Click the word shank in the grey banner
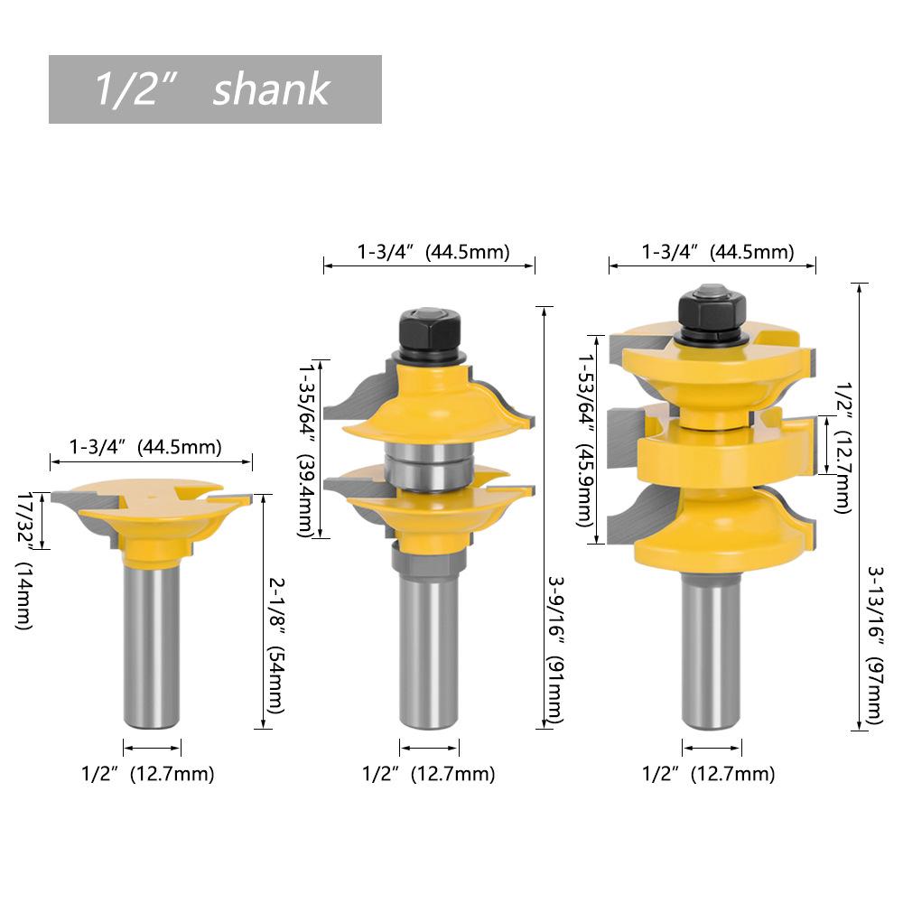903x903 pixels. click(271, 89)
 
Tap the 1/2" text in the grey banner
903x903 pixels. click(134, 88)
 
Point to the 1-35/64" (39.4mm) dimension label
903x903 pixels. click(308, 450)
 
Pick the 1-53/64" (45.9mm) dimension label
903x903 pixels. click(587, 440)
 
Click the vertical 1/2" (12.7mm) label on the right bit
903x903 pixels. click(843, 448)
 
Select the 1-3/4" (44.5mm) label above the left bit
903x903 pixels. click(145, 447)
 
